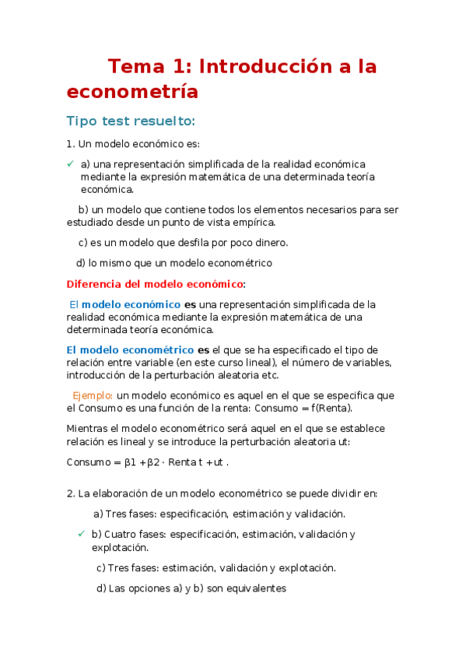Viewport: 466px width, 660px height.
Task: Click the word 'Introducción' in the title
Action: [x=256, y=67]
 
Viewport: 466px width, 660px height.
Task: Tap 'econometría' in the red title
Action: [x=132, y=92]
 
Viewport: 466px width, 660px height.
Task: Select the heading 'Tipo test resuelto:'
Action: [x=131, y=121]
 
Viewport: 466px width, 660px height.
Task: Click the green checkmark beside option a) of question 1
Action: [x=70, y=163]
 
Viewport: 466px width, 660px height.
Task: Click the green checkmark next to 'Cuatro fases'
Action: [x=82, y=534]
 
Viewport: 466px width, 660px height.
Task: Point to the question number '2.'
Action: [x=71, y=493]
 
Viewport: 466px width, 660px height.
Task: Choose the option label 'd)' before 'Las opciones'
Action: [x=101, y=588]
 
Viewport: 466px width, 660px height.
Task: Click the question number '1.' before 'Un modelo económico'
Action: [x=71, y=144]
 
